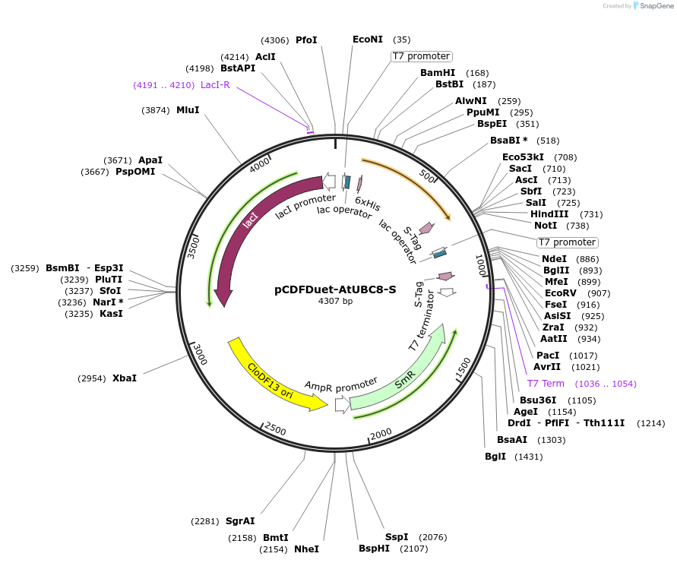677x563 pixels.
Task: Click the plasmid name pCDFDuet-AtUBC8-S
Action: coord(335,289)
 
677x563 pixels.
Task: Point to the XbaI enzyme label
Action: coord(125,378)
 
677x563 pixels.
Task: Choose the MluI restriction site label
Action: coord(188,110)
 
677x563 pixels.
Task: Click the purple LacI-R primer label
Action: coord(215,85)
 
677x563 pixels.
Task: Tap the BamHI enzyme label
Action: coord(438,73)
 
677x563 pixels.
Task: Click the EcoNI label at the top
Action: coord(369,39)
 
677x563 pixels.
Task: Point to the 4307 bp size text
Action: coord(335,302)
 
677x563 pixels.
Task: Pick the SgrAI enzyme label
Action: coord(240,521)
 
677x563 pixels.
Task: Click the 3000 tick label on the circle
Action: coord(199,354)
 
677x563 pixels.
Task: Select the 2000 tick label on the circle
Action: coord(381,433)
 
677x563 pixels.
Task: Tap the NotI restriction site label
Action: coord(546,225)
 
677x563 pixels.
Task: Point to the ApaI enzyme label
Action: coord(150,160)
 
